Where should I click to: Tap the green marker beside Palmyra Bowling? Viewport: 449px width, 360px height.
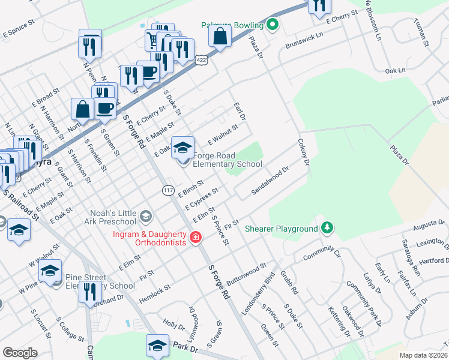pyautogui.click(x=273, y=25)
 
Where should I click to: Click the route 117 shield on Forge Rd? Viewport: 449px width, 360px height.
pyautogui.click(x=168, y=190)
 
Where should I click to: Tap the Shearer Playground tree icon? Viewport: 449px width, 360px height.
pyautogui.click(x=327, y=228)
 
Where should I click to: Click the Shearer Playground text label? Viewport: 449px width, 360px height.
pyautogui.click(x=280, y=229)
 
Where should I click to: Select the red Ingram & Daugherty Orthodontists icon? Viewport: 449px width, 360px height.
pyautogui.click(x=195, y=238)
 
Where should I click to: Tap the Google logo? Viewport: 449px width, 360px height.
pyautogui.click(x=20, y=352)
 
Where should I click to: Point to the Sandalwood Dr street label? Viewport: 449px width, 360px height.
pyautogui.click(x=270, y=180)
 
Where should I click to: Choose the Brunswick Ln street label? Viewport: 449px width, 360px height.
pyautogui.click(x=304, y=40)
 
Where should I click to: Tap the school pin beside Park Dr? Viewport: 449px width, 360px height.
pyautogui.click(x=157, y=346)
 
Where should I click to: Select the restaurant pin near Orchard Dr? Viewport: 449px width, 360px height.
pyautogui.click(x=90, y=291)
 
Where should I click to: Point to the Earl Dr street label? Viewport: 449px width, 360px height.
pyautogui.click(x=240, y=110)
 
